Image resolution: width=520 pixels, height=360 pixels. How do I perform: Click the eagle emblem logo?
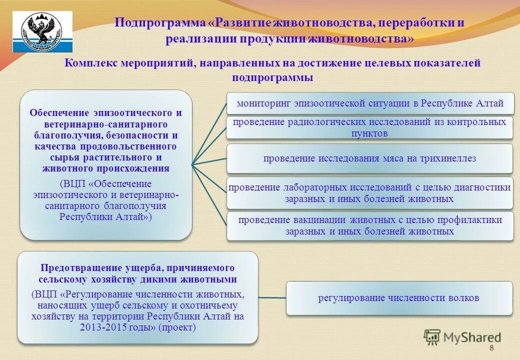point(42,31)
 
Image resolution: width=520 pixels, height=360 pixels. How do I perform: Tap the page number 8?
point(491,348)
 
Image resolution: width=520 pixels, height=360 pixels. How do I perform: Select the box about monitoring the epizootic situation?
point(370,103)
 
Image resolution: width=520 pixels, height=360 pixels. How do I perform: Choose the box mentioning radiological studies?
point(370,127)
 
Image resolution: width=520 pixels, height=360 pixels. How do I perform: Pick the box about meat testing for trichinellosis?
point(370,158)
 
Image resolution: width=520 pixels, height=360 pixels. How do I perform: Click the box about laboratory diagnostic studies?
point(370,192)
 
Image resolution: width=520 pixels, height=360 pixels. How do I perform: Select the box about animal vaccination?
point(370,225)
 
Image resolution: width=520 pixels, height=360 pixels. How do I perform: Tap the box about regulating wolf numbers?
point(399,298)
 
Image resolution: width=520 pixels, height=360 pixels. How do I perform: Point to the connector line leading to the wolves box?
point(272,298)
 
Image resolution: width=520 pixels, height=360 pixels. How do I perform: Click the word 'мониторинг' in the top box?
point(263,103)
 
